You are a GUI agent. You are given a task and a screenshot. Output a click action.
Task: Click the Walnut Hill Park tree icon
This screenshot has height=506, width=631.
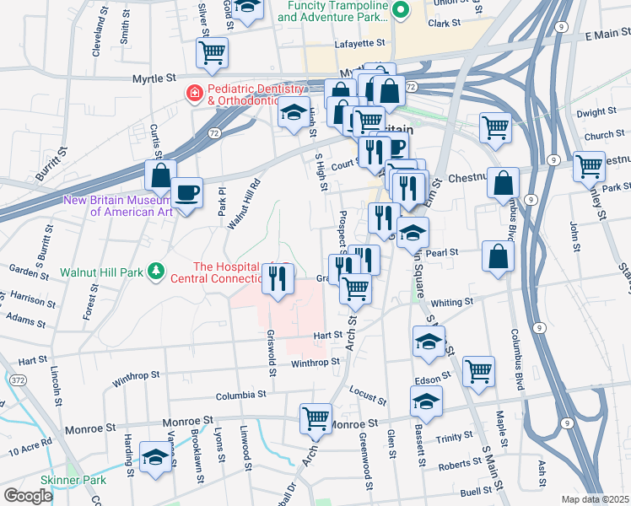(x=156, y=272)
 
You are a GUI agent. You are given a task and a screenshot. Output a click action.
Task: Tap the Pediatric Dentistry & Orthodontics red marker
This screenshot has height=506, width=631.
(x=195, y=92)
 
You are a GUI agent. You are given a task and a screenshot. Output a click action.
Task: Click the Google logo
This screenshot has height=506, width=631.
(x=28, y=496)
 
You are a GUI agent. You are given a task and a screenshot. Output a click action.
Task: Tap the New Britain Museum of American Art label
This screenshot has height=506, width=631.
(x=119, y=206)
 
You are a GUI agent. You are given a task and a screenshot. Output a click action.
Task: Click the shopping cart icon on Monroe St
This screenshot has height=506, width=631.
(x=315, y=417)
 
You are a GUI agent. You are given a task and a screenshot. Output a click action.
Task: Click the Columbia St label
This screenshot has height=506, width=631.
(x=240, y=394)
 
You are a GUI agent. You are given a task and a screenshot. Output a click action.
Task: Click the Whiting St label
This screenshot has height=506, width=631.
(x=448, y=303)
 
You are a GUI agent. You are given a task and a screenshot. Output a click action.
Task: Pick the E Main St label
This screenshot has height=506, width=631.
(x=607, y=35)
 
